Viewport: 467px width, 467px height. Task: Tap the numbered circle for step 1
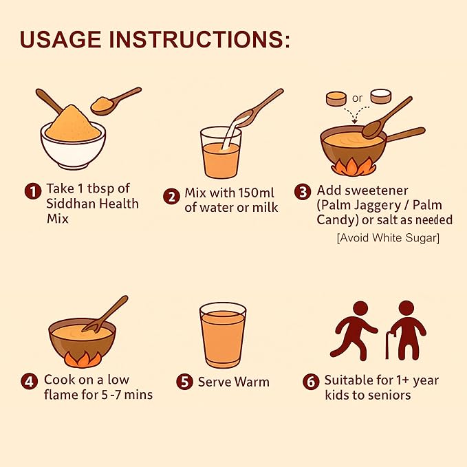33,191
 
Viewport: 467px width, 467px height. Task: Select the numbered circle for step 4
29,381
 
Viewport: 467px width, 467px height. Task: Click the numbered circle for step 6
311,382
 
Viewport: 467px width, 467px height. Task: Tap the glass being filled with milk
221,153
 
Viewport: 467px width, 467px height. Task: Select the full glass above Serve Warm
223,336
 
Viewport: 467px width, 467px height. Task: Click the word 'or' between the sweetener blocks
357,98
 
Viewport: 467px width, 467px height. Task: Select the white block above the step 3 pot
381,96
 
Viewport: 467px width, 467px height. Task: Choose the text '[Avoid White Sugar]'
388,238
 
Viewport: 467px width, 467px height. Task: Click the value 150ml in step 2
257,193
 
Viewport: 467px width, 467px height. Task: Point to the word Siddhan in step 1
71,204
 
